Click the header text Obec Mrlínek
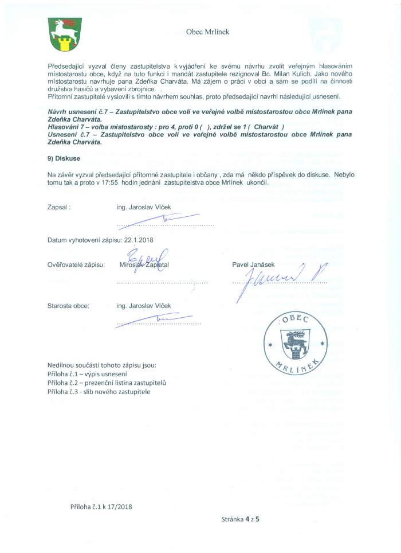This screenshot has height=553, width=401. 207,32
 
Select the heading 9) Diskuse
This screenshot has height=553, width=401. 64,158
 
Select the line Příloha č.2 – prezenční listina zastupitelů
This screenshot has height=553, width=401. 107,382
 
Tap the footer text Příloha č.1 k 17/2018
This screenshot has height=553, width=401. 101,507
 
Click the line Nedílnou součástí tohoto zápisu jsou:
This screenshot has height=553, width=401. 101,365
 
